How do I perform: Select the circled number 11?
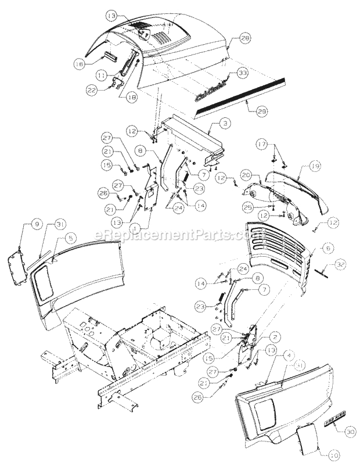point(102,74)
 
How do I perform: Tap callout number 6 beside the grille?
point(328,247)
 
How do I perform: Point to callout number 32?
point(342,265)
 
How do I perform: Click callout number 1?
point(136,229)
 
